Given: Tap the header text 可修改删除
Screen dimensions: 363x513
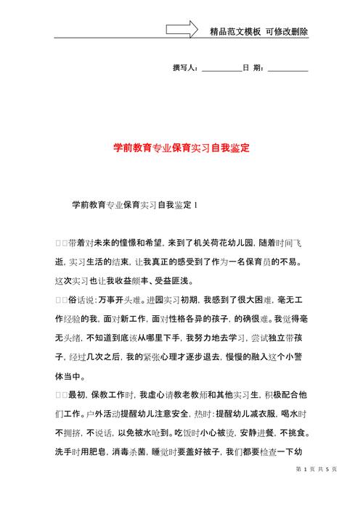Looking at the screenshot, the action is [287, 32].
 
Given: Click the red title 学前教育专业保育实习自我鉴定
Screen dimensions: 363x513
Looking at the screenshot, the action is [181, 148].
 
